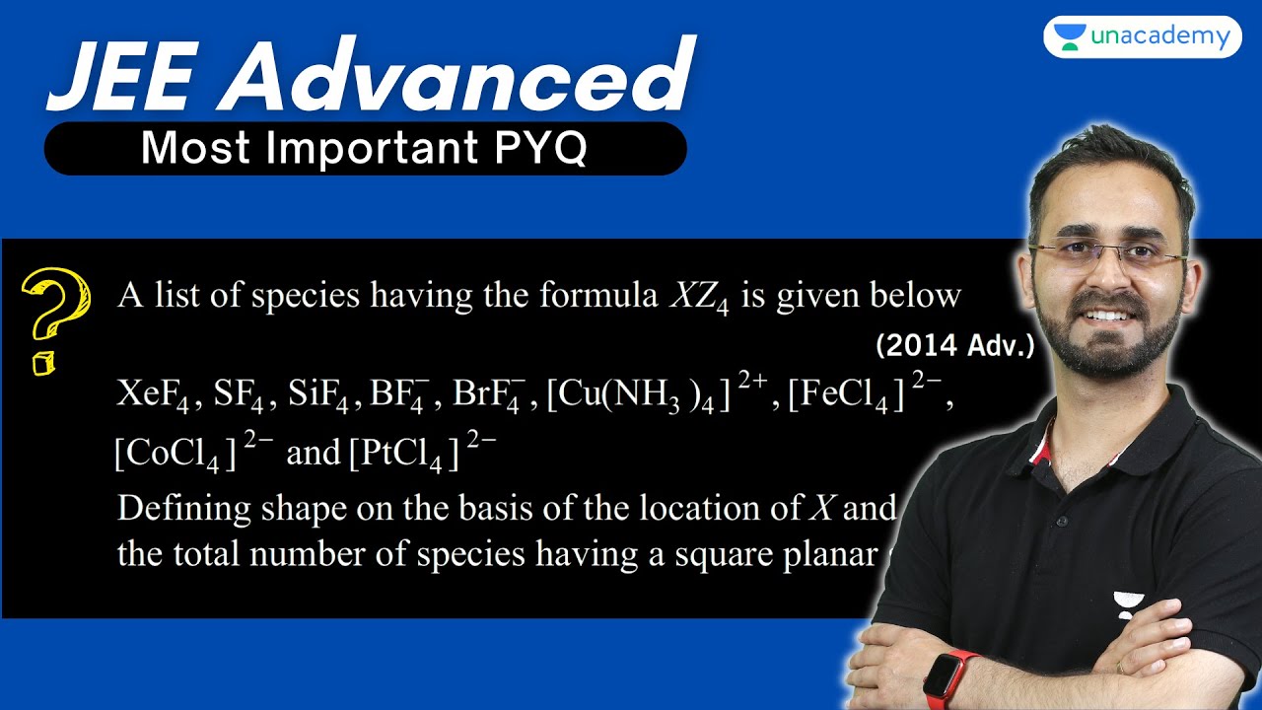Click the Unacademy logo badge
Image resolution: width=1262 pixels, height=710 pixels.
1142,37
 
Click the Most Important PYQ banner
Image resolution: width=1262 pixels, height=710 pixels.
365,149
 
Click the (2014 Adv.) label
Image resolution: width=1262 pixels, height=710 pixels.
954,347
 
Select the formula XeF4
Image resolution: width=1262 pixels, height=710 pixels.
154,395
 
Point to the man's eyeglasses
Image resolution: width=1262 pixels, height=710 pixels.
1108,257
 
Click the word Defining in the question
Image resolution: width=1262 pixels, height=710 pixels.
184,510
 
